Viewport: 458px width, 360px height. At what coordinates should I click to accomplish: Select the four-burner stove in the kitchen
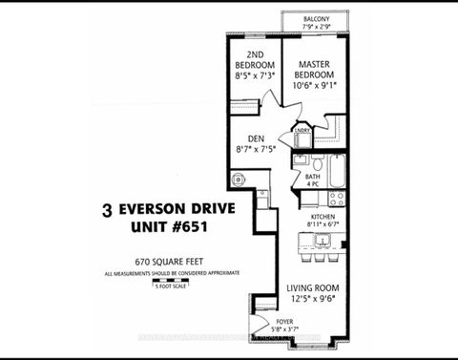click(x=336, y=199)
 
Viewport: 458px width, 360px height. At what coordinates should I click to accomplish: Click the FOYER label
click(x=283, y=323)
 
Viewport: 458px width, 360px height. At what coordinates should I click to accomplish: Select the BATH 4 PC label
click(x=312, y=180)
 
